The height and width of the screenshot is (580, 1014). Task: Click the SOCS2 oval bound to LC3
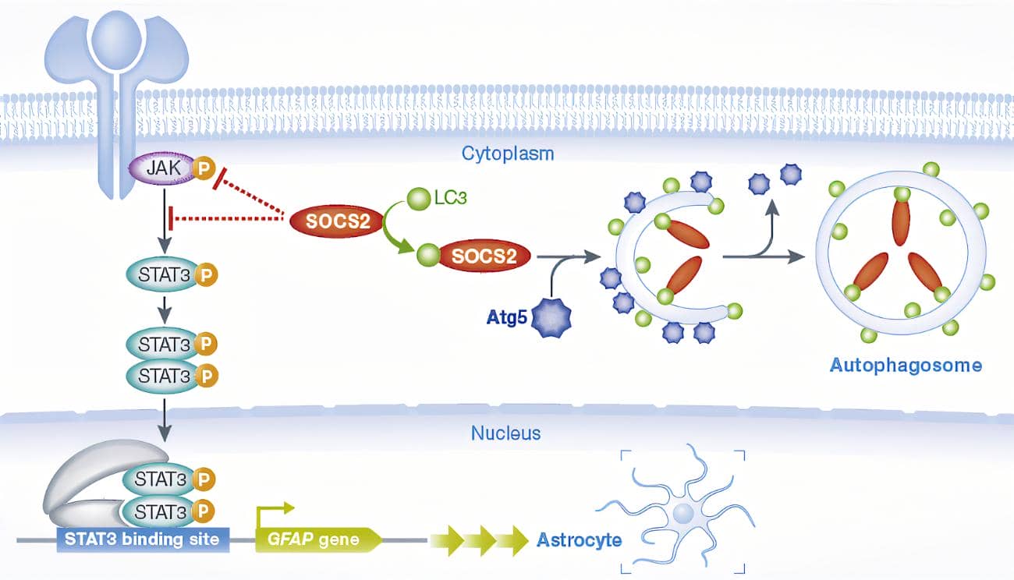click(484, 256)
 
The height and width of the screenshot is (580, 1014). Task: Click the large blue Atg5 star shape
click(552, 318)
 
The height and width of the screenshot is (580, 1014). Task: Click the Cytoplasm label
click(507, 153)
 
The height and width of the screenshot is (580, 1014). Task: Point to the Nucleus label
click(505, 433)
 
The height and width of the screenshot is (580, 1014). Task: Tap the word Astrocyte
click(579, 539)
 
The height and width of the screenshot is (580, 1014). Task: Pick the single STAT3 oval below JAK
click(164, 274)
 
